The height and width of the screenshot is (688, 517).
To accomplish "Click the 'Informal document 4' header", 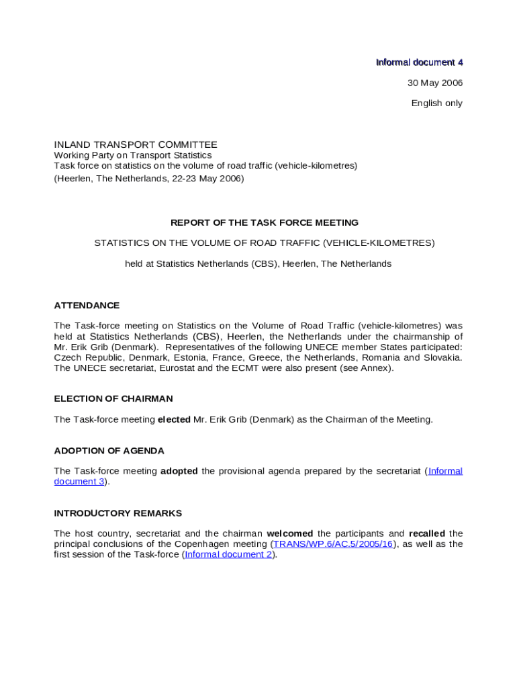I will coord(419,62).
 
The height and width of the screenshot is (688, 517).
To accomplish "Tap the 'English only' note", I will coord(436,103).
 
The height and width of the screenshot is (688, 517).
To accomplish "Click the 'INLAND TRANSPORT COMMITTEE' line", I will coord(136,144).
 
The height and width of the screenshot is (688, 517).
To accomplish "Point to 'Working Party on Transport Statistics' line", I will coord(132,155).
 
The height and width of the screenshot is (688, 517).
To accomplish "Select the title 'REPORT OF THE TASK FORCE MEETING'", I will coord(265,222).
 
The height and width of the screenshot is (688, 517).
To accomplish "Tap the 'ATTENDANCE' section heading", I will coord(87,305).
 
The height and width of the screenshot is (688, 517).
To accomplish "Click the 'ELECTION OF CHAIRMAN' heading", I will coord(113,398).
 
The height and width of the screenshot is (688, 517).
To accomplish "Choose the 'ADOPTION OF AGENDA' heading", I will coord(109,450).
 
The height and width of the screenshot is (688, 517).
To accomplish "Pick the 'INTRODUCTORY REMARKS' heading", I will coord(117,513).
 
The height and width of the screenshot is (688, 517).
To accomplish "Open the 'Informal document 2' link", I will coord(228,554).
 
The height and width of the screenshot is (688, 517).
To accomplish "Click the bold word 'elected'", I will coord(174,419).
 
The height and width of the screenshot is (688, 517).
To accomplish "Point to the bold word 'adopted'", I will coord(179,471).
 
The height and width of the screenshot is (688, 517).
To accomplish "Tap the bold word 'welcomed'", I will coord(290,533).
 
